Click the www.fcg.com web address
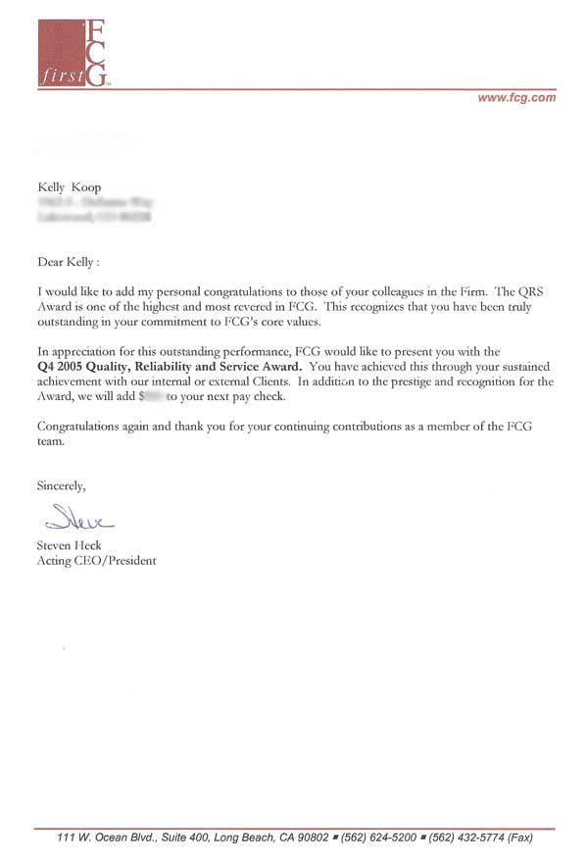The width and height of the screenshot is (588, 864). tap(515, 97)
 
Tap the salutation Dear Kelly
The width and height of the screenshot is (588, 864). tap(70, 262)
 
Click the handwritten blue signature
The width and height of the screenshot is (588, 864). tap(74, 517)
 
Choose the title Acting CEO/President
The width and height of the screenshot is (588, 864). tap(96, 561)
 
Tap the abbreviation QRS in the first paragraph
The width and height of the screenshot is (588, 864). tap(540, 292)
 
